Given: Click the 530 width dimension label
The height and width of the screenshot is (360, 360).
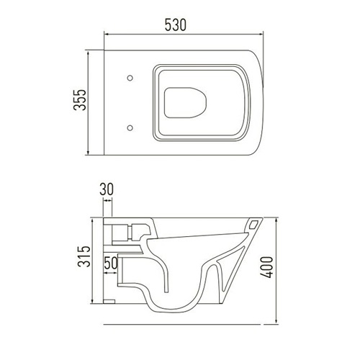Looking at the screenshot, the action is tap(176, 25).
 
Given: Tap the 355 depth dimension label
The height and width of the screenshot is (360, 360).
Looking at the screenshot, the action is tap(80, 100).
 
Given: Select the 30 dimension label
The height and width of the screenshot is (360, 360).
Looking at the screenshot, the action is tap(107, 189).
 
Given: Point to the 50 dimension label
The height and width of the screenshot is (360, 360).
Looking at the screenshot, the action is tap(111, 263).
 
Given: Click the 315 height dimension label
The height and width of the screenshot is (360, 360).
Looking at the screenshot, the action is tap(84, 256).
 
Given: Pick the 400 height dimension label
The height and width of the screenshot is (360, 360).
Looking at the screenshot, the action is tap(267, 267).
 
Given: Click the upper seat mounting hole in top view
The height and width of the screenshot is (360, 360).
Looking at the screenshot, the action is tap(130, 78).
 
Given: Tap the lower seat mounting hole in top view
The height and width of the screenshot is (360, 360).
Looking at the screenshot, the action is tap(130, 127).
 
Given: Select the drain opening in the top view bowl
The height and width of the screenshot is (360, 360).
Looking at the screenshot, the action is tap(186, 103).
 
